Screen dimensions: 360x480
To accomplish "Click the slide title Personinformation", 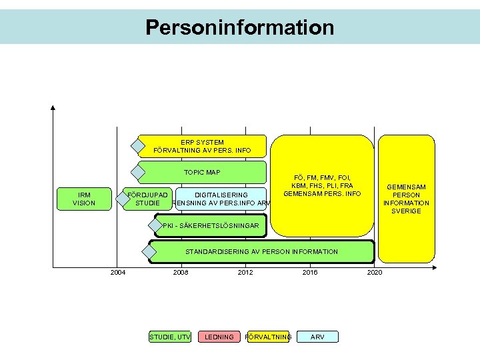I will [240, 27].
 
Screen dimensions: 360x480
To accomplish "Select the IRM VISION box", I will [84, 199].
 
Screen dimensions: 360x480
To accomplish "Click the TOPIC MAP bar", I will [203, 172].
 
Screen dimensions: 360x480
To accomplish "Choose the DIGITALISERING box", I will [221, 199].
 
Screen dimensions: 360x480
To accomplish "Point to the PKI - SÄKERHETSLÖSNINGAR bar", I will [210, 226].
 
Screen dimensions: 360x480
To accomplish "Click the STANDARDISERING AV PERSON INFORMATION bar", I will [261, 251].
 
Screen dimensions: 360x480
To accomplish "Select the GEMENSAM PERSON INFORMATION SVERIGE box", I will [407, 199].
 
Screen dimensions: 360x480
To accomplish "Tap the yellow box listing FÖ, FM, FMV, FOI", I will [322, 185].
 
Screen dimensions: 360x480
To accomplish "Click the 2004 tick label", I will [117, 272].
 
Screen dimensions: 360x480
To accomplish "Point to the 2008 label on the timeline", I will [181, 272].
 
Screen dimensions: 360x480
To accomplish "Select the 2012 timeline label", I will [245, 272].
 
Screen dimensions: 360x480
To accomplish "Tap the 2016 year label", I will [310, 272].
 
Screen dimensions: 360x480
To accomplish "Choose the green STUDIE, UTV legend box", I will [170, 337].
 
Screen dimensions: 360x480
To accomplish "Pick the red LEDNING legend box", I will [219, 337].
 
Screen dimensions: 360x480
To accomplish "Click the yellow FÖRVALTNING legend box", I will [269, 337].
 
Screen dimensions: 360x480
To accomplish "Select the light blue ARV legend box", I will [318, 337].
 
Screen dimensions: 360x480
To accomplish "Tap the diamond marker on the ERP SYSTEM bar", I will [138, 145].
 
